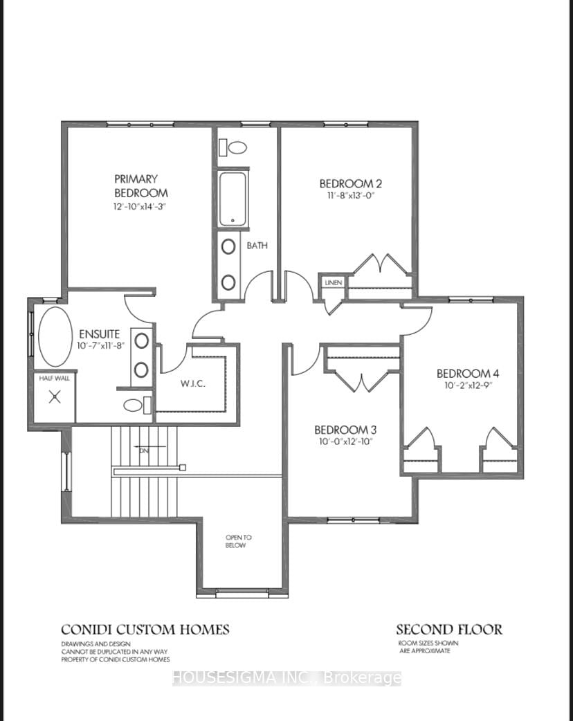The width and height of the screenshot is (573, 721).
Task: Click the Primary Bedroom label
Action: point(140,185)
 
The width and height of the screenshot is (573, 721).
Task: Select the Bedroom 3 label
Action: point(345,430)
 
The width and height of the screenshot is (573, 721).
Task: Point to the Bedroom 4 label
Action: point(468,374)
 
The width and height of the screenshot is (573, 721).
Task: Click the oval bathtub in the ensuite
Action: point(55,336)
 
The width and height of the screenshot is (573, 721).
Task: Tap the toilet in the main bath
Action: point(233,147)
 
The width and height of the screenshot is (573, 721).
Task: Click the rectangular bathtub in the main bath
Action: point(233,199)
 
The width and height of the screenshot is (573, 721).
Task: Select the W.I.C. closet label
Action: point(192,384)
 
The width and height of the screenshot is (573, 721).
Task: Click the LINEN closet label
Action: point(334,282)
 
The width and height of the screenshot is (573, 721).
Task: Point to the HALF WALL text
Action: point(54,378)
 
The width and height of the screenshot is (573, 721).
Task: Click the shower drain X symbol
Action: point(55,396)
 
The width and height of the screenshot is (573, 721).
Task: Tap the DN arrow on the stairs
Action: point(150,446)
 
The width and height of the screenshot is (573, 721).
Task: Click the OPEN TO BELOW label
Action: point(238,541)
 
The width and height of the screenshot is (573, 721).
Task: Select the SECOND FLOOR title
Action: point(449,630)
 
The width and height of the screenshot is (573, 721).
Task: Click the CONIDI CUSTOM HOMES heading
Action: point(145,630)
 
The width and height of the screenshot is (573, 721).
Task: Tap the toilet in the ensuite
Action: point(137,405)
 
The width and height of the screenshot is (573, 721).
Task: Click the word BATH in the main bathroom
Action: point(257,246)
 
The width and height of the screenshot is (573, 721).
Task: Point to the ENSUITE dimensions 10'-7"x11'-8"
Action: point(101,346)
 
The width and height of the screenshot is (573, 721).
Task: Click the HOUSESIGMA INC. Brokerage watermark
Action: point(286,678)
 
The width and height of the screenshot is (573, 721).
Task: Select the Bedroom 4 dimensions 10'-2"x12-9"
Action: point(468,386)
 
